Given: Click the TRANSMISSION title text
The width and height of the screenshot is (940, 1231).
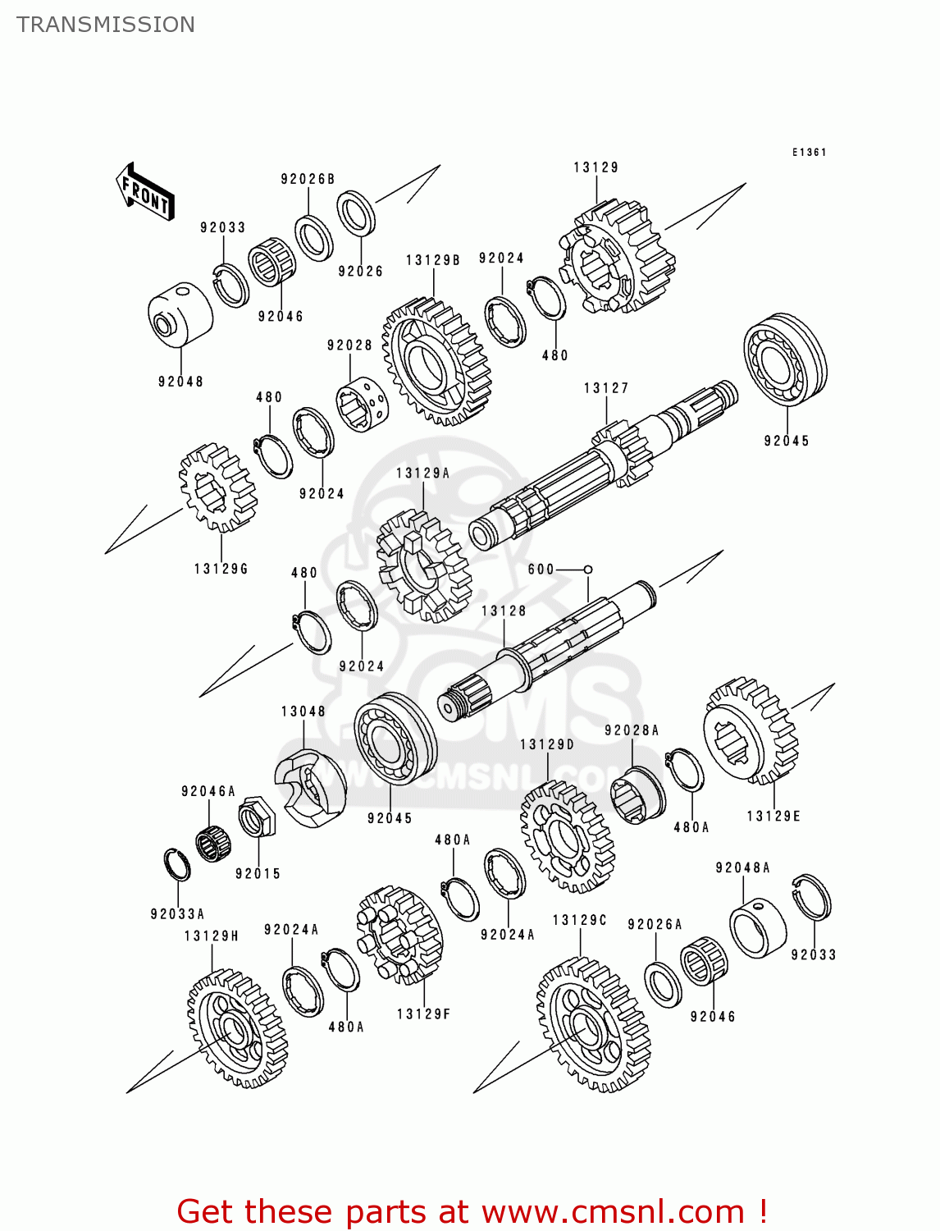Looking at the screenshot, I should click(106, 25).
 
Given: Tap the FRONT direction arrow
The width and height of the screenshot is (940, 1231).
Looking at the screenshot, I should click(145, 192).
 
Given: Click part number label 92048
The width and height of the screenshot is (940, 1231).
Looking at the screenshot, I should click(180, 382).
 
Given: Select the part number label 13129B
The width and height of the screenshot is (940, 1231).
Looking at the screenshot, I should click(433, 260).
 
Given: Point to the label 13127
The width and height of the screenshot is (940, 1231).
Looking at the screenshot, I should click(606, 388).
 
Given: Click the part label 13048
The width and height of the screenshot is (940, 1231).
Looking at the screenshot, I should click(303, 712).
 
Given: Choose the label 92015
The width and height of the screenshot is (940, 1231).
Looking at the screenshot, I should click(258, 874).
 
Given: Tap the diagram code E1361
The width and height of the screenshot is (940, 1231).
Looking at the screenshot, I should click(809, 153).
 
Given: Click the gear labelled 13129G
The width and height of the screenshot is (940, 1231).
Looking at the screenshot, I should click(217, 488).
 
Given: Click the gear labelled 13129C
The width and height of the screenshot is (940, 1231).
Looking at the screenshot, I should click(593, 1026).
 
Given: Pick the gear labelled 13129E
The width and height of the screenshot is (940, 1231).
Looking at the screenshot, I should click(751, 730).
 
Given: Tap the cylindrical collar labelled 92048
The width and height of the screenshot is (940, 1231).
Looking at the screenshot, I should click(180, 315).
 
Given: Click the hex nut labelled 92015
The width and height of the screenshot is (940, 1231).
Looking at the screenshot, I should click(254, 817).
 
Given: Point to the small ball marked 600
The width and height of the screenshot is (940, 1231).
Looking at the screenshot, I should click(588, 569).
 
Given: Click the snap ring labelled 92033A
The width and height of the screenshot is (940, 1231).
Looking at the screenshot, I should click(178, 865).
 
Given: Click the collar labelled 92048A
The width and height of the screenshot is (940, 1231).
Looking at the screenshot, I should click(758, 927).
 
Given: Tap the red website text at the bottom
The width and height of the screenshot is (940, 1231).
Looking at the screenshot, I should click(472, 1211).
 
